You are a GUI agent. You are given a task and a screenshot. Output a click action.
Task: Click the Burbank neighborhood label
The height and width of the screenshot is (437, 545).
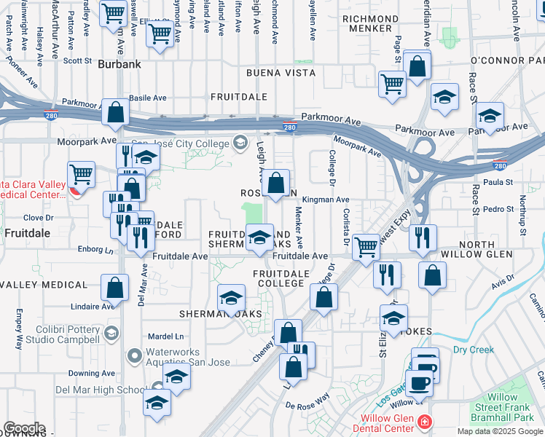119,64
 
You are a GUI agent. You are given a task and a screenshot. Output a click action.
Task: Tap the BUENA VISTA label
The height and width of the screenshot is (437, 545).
281,73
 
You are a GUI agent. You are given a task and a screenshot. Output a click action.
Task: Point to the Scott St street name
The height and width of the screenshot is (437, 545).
76,61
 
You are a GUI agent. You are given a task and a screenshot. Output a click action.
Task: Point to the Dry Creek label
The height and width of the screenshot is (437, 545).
473,350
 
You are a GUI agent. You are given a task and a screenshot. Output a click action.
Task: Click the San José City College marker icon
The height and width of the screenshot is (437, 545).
239,142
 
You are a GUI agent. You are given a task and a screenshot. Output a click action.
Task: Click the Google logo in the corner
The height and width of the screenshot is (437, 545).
24,428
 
